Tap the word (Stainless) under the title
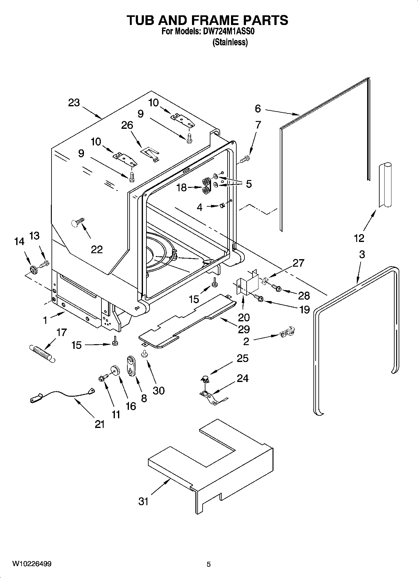coord(230,42)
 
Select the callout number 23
coord(74,103)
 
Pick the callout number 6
coord(258,108)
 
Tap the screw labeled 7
coord(245,160)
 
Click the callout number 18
coord(181,188)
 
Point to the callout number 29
coord(244,329)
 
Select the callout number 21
coord(99,424)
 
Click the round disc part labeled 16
coord(116,370)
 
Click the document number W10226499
coord(32,564)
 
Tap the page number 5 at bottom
coord(209,564)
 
